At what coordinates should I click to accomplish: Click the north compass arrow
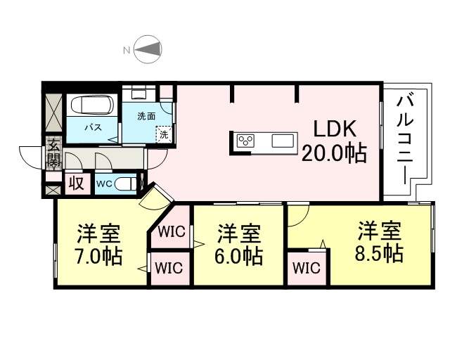click(x=148, y=49)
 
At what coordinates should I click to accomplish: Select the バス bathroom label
click(x=91, y=128)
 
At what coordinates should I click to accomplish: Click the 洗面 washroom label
click(x=146, y=116)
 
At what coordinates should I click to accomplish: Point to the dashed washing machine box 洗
click(x=164, y=134)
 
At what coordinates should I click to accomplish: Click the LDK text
click(x=335, y=129)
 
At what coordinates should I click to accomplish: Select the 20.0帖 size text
click(x=334, y=153)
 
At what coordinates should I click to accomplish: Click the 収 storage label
click(x=77, y=184)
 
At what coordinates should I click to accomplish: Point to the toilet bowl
click(x=127, y=184)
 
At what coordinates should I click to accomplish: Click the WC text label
click(x=104, y=184)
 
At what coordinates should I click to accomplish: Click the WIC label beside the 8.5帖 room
click(x=307, y=268)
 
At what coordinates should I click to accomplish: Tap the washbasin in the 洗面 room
click(x=139, y=93)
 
